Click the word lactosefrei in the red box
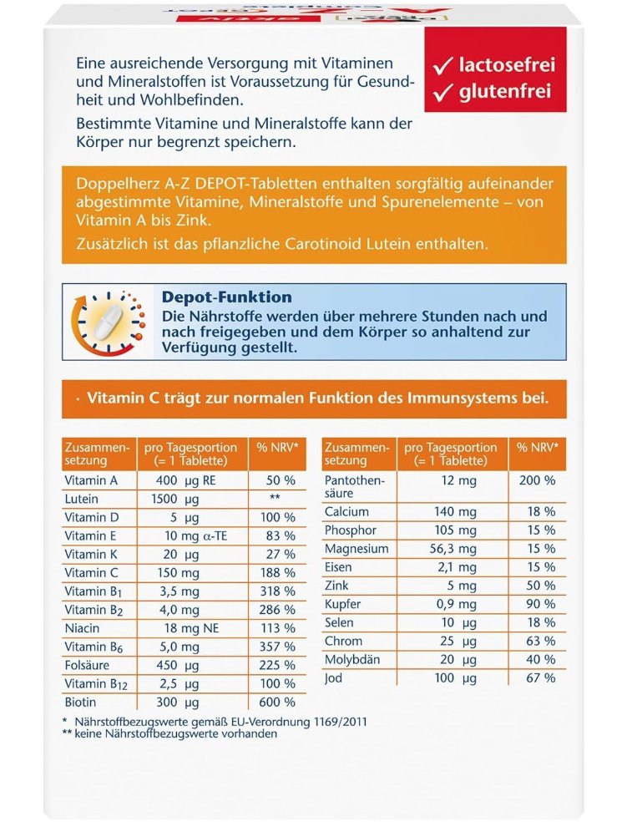coord(506,64)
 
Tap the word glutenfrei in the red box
coord(505,92)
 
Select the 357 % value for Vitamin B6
coord(278,646)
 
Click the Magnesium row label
coord(357,549)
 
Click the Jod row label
coord(333,677)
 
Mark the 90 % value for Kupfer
coord(541,604)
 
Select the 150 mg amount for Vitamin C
coord(179,572)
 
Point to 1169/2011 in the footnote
coord(336,721)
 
